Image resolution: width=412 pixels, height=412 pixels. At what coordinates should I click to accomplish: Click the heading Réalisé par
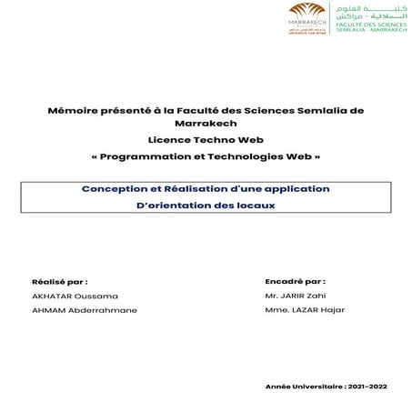[x=60, y=282]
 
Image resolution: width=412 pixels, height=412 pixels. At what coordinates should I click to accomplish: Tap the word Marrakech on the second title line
[x=206, y=126]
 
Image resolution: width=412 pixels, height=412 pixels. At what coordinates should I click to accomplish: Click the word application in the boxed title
[x=292, y=188]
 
